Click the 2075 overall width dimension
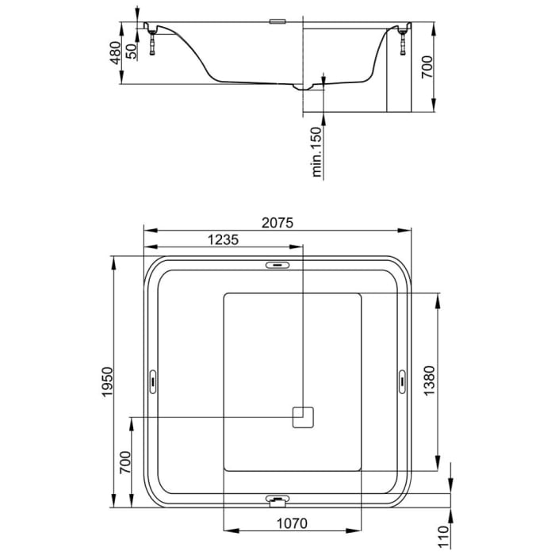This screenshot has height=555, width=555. click(277, 224)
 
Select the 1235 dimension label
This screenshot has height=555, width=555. click(223, 241)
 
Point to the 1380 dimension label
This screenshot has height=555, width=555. click(449, 381)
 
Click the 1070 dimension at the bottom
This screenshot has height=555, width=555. click(291, 523)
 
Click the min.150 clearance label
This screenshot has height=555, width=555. click(316, 152)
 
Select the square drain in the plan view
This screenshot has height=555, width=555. click(304, 416)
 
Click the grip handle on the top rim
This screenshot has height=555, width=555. click(277, 266)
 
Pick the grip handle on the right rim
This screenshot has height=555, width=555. click(402, 381)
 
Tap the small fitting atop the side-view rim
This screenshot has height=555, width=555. click(277, 21)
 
